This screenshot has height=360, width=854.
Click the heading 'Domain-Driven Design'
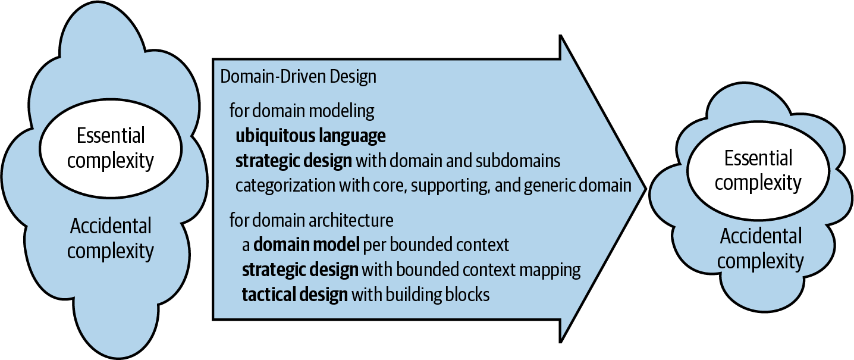tap(298, 77)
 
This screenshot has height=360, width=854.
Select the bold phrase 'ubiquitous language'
tap(310, 136)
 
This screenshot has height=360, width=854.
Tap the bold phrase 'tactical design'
tap(295, 295)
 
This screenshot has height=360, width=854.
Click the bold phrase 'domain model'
tap(306, 245)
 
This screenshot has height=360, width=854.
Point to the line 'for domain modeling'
tap(302, 111)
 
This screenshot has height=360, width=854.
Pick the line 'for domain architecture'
tap(311, 220)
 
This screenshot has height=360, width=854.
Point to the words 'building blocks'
tap(438, 295)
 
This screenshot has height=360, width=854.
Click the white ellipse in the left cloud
tap(111, 148)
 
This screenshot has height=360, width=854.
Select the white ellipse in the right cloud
tap(758, 170)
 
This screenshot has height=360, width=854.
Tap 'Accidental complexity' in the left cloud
tap(111, 239)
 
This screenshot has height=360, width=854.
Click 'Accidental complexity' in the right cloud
tap(761, 249)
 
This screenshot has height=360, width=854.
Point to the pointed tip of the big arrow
tap(646, 189)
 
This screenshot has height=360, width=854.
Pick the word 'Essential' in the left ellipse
tap(111, 136)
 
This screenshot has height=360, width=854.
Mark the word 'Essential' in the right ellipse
tap(758, 158)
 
